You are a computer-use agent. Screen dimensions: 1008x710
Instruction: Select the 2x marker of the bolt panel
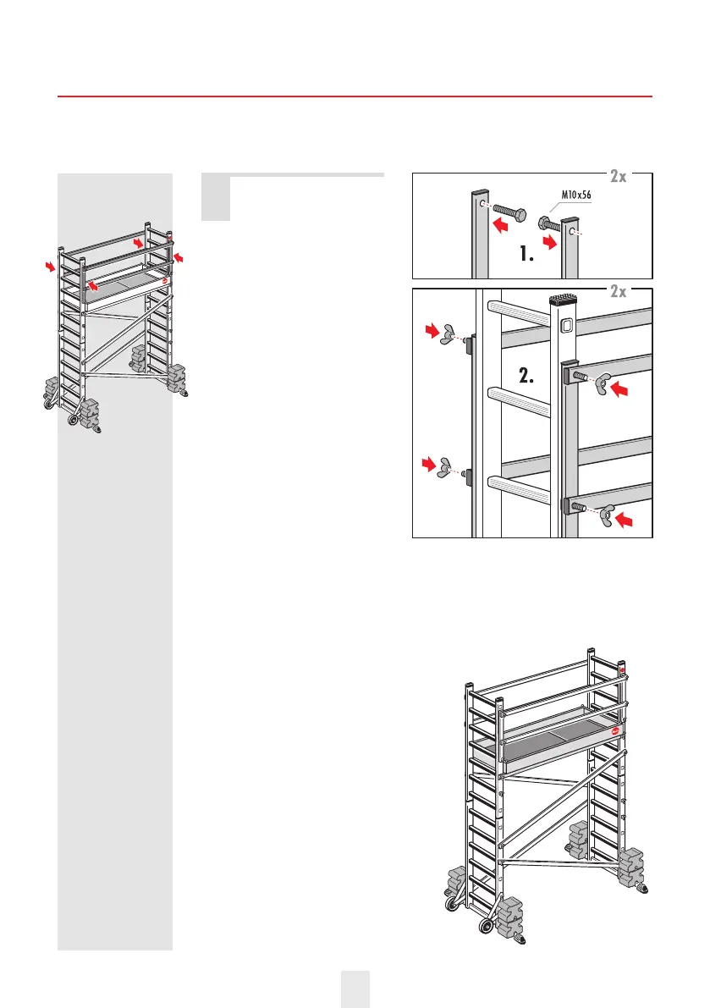pyautogui.click(x=628, y=176)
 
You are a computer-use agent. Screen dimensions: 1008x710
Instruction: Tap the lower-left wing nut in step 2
pyautogui.click(x=446, y=471)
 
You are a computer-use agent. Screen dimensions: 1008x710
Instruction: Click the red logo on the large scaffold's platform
pyautogui.click(x=615, y=730)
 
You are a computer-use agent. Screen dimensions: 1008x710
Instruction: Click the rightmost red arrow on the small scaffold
pyautogui.click(x=179, y=256)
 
